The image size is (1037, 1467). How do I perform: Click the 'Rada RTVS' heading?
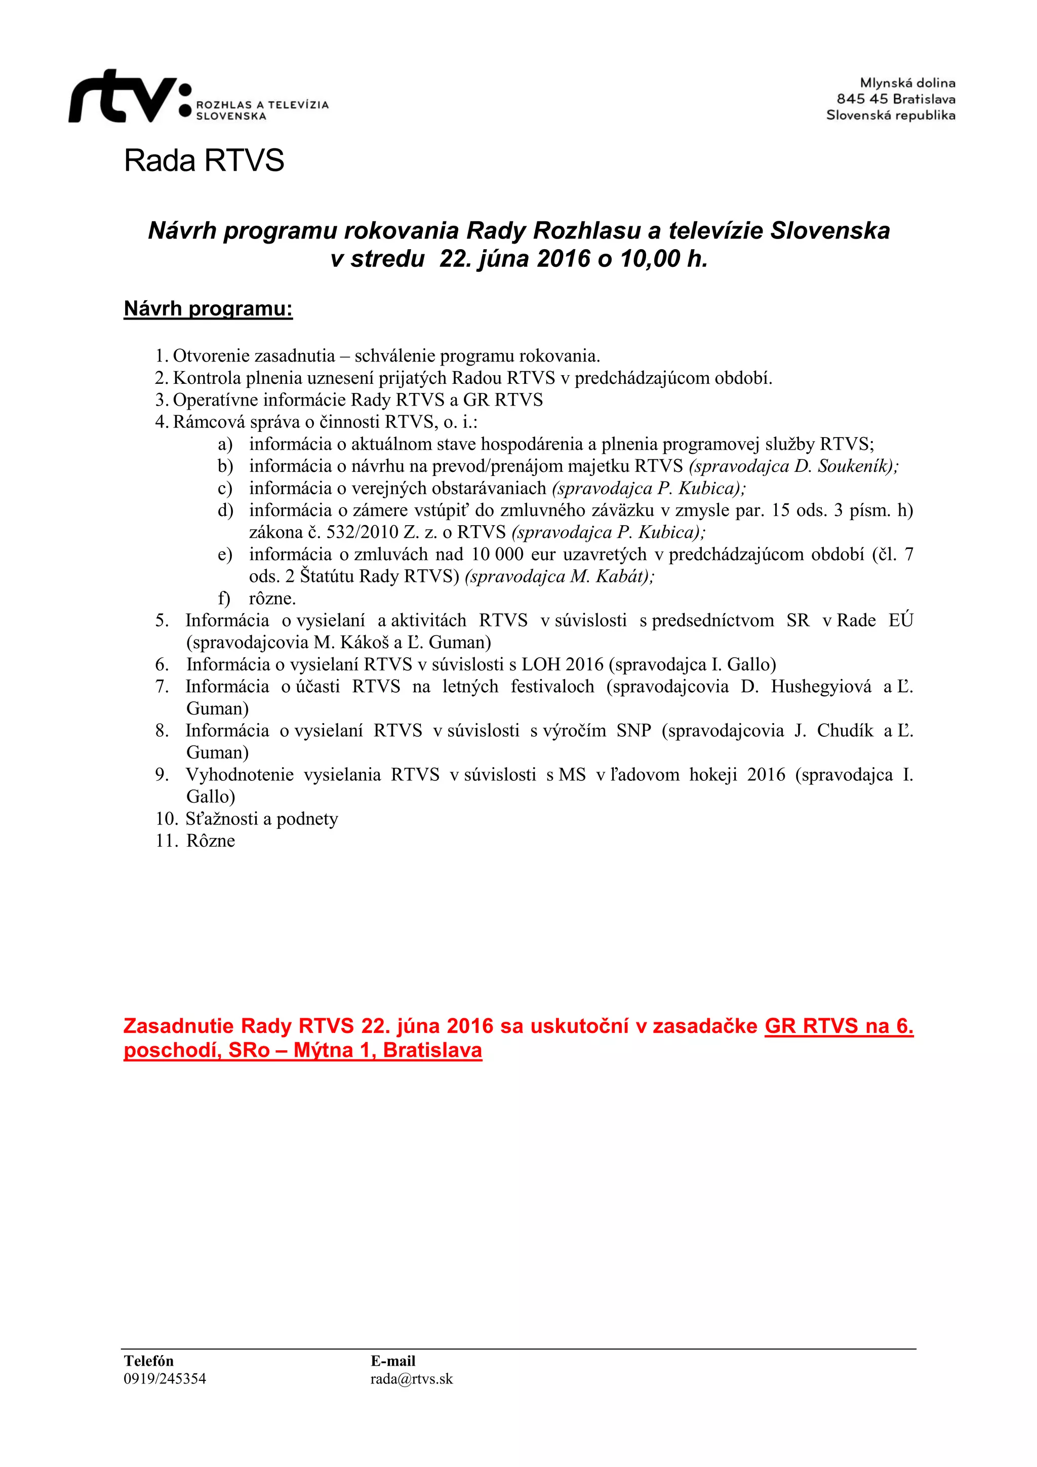coord(204,161)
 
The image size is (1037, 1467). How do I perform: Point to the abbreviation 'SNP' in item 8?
coord(633,730)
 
